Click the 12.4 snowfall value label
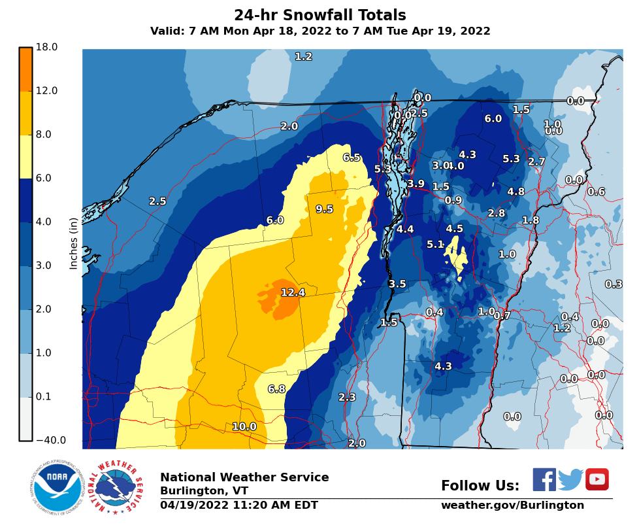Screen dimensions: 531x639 [x=293, y=292]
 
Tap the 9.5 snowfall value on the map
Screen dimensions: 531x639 [x=324, y=209]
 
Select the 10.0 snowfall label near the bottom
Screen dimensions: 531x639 [x=244, y=427]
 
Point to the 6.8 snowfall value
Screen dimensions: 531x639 [x=276, y=389]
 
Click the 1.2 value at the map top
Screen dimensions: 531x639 [x=303, y=57]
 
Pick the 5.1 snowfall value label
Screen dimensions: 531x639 [x=435, y=245]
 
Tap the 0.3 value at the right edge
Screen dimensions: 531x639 [x=613, y=284]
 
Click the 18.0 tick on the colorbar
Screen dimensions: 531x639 [x=46, y=47]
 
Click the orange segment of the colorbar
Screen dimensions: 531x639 [x=25, y=69]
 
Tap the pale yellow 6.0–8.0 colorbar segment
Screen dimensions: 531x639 [x=25, y=156]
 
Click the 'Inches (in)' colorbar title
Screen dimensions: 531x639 [x=74, y=244]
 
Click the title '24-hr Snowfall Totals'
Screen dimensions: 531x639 [x=320, y=16]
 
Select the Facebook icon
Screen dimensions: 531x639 [x=544, y=479]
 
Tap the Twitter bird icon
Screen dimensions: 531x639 [x=570, y=479]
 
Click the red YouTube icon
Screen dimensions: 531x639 [x=597, y=479]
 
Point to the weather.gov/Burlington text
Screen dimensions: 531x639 [x=512, y=505]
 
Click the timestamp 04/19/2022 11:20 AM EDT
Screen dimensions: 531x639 [x=239, y=505]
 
